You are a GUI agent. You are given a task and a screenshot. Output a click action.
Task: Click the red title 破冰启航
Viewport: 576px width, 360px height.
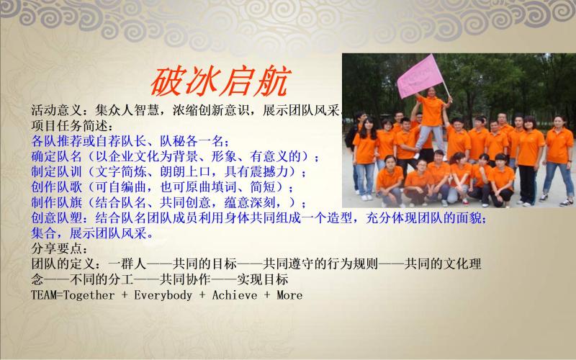[221, 81]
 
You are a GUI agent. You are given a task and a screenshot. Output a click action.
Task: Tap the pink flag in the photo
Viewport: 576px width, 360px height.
[420, 76]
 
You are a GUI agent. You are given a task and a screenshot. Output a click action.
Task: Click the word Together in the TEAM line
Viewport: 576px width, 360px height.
[89, 295]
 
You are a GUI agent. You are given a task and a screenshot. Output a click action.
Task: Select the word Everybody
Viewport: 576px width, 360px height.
[163, 295]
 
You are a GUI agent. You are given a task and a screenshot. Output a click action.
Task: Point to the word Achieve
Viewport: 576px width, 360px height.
[235, 295]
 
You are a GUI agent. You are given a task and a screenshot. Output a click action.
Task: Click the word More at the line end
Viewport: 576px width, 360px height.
[289, 295]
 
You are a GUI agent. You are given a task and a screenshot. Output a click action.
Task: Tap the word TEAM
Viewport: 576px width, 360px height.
[42, 295]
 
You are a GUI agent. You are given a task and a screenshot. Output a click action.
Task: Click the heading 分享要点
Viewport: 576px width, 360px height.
[56, 248]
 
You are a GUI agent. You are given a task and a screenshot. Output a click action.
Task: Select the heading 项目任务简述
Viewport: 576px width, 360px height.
[69, 125]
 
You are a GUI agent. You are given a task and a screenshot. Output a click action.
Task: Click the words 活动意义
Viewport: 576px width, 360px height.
[56, 110]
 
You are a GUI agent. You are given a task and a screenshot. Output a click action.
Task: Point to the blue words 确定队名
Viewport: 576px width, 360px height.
[56, 156]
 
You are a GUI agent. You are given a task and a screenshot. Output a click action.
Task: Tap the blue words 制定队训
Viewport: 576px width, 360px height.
[56, 172]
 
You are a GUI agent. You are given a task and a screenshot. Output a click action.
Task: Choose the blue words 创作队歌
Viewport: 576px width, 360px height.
[56, 187]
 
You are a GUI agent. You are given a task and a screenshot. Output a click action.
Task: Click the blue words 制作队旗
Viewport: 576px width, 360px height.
[56, 203]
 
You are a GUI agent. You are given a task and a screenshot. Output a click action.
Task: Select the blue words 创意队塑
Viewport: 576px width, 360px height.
[56, 218]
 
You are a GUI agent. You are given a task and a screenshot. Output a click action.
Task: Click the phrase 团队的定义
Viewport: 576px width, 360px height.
[63, 264]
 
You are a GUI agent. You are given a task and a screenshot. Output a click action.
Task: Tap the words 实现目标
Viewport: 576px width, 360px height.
[262, 279]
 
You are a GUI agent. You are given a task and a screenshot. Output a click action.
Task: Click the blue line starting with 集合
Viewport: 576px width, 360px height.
[92, 233]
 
